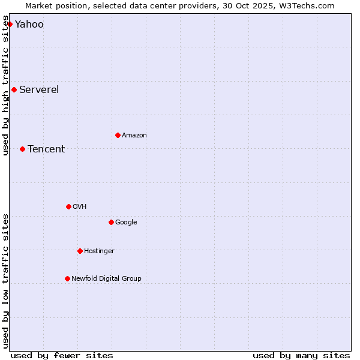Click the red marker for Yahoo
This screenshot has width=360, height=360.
tap(10, 24)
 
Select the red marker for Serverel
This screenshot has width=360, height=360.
tap(14, 90)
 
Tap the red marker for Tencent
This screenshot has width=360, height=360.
tap(22, 149)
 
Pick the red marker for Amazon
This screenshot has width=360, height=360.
tap(118, 135)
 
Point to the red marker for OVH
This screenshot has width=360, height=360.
tap(68, 206)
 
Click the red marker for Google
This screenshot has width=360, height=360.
tap(111, 222)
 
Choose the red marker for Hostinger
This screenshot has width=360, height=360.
tap(80, 251)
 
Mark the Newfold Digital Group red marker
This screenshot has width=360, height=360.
tap(67, 278)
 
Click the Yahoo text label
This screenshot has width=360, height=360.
tap(29, 25)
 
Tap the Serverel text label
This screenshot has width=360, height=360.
tap(39, 90)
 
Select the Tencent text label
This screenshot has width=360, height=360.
tap(46, 149)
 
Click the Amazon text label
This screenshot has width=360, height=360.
tap(134, 136)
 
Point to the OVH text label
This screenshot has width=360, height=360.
tap(79, 207)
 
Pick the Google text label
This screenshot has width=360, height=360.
tap(126, 223)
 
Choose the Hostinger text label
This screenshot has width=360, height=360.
tap(99, 251)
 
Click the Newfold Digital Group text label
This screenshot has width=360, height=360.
tap(106, 279)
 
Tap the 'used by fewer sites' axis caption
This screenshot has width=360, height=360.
tap(62, 355)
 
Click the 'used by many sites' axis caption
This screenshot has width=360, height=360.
tap(301, 355)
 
